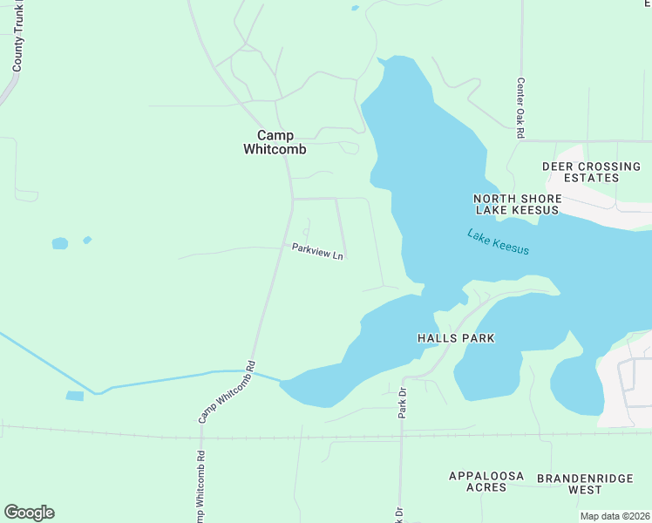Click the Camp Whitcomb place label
(x=275, y=142)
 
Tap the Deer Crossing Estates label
(x=591, y=172)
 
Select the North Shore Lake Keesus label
(x=517, y=204)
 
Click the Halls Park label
(x=456, y=338)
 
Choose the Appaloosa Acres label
(x=486, y=481)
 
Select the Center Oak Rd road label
(x=520, y=109)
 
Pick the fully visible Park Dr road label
(x=403, y=403)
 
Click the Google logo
(x=29, y=512)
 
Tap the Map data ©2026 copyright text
(x=614, y=516)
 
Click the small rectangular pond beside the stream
(x=75, y=396)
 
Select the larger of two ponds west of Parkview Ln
(x=59, y=243)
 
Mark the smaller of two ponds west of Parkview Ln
(x=86, y=240)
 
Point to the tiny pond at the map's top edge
(x=354, y=8)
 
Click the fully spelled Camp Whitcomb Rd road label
(x=226, y=392)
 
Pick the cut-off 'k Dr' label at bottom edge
(x=399, y=514)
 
